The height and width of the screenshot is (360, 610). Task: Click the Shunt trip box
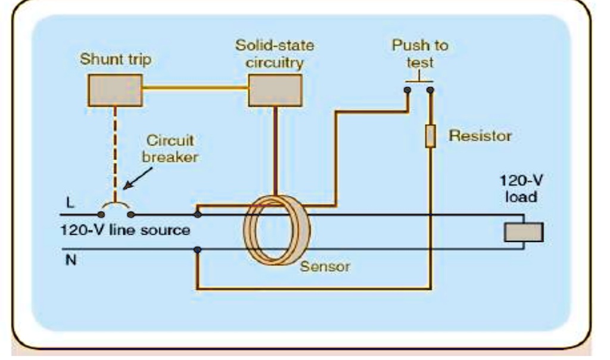(116, 90)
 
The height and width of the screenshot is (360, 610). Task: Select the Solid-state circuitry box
(274, 90)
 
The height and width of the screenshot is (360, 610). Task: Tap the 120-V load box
(524, 232)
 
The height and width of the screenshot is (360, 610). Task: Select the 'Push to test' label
(420, 54)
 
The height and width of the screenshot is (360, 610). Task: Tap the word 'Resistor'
(480, 136)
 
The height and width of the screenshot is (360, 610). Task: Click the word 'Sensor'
(324, 266)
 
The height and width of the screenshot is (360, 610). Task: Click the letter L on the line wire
(71, 202)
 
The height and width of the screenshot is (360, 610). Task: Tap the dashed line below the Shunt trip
(116, 149)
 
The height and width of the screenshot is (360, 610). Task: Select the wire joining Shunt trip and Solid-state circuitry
(195, 90)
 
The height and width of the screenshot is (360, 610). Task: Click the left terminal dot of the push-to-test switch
(407, 91)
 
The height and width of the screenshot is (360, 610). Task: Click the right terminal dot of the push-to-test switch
(431, 91)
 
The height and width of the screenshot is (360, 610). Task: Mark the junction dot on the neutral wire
(197, 251)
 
